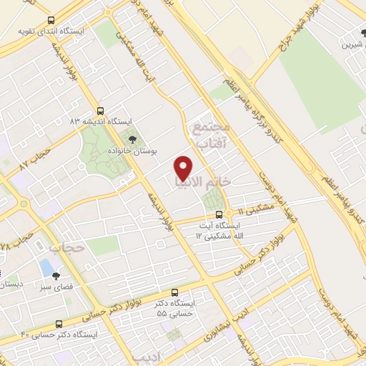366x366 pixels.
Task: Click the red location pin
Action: [x=184, y=169]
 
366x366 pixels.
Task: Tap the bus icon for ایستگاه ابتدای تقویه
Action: [x=51, y=21]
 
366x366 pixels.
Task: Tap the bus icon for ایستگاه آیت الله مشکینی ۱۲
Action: [x=219, y=214]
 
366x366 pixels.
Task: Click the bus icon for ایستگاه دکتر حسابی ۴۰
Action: [x=59, y=323]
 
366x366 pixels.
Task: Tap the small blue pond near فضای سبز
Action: [x=46, y=269]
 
